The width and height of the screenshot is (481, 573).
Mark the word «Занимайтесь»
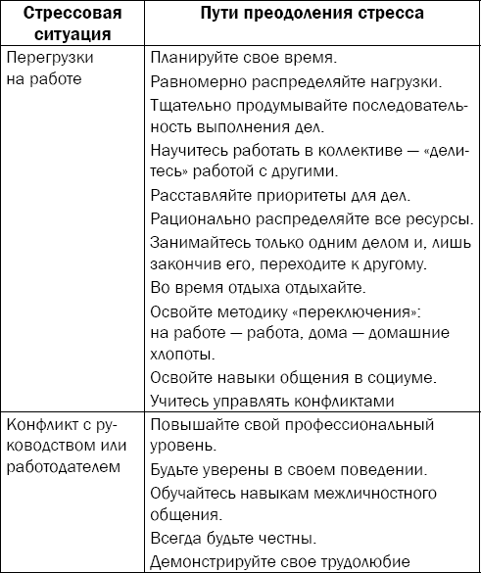200,241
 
